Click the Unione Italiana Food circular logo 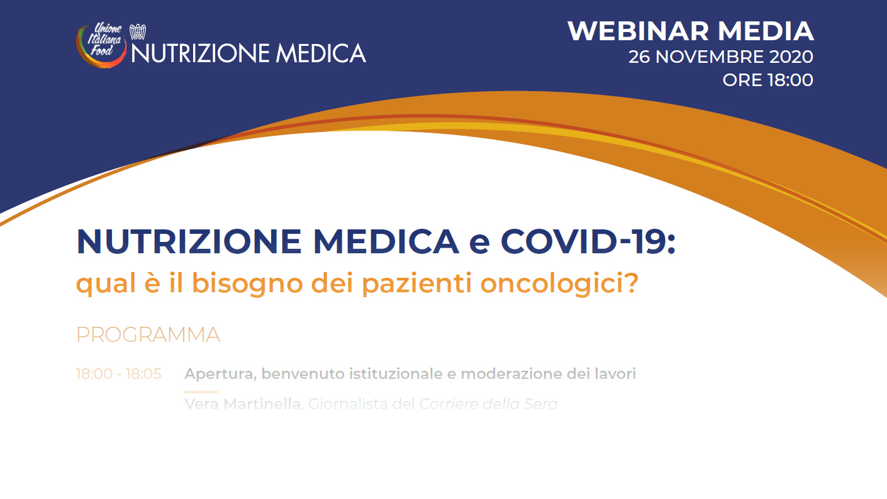(101, 45)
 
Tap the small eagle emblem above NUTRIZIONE (138, 31)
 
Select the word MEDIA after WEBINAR (766, 31)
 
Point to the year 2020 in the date (791, 57)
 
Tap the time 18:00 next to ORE (790, 80)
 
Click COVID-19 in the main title (588, 241)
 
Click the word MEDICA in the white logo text (321, 53)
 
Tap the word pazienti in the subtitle (417, 284)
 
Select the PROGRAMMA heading (148, 335)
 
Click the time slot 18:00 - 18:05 (118, 373)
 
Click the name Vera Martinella (242, 404)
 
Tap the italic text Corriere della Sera (488, 404)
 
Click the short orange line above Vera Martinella (201, 392)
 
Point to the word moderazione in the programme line (511, 373)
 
